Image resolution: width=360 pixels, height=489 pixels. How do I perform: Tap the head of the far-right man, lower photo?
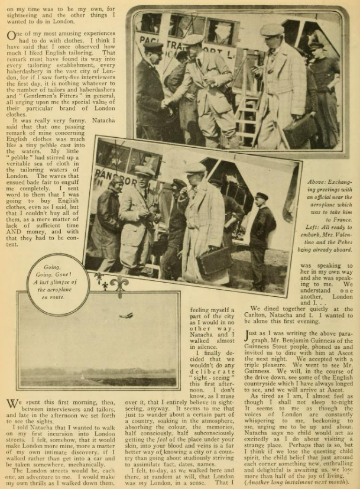(x=261, y=197)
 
